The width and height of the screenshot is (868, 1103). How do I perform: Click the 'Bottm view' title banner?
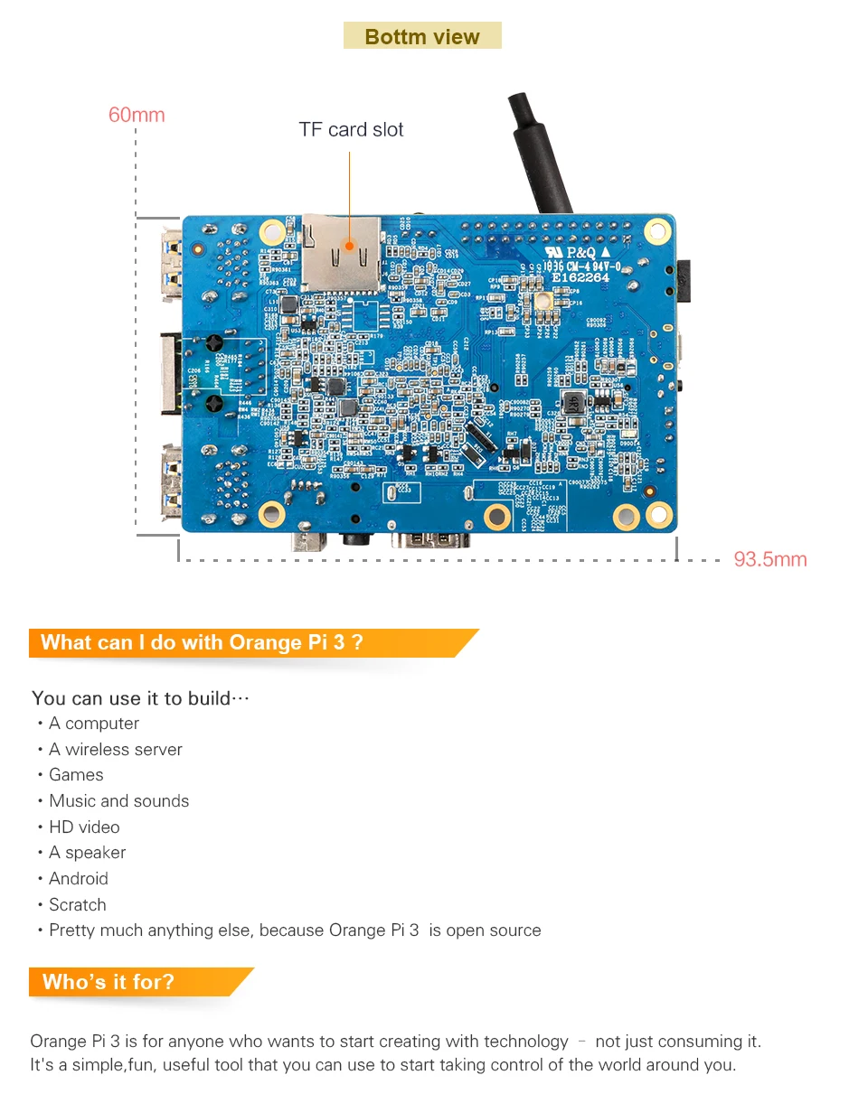click(422, 36)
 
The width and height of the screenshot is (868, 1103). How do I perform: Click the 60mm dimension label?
click(137, 115)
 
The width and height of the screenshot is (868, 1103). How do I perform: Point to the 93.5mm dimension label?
click(769, 559)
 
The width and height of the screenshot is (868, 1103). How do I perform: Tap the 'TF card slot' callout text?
click(351, 129)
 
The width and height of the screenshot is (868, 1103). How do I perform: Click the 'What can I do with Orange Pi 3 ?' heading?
click(202, 642)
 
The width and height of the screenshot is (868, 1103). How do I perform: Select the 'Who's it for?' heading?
click(108, 982)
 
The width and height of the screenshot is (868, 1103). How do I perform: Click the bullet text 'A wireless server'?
click(115, 749)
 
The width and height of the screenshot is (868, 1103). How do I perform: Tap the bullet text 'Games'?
click(76, 775)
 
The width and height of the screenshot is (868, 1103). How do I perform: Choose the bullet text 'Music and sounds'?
click(118, 800)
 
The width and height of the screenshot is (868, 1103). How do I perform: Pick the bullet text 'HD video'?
click(84, 827)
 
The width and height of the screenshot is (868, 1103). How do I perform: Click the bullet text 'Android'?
click(79, 878)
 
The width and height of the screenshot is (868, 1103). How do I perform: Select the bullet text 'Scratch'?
click(77, 904)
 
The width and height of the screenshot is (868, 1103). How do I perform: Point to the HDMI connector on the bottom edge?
click(430, 540)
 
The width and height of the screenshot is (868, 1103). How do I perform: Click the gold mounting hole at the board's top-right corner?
click(657, 232)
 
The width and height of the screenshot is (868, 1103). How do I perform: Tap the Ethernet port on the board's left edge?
click(170, 373)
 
